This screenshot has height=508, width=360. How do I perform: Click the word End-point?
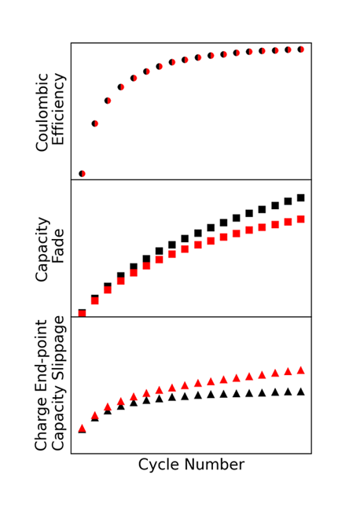pos(42,361)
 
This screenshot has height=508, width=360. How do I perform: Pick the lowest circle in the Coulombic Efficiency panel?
pos(82,173)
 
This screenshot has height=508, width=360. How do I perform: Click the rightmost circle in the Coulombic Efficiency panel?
pos(301,50)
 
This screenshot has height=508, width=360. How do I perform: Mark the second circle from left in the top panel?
pos(95,123)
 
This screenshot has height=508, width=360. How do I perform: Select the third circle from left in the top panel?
pos(108,101)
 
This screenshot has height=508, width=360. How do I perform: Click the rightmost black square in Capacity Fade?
pos(301,198)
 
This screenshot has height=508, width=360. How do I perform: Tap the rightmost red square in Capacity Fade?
pos(301,219)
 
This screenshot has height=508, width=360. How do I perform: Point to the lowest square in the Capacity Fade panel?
pos(82,314)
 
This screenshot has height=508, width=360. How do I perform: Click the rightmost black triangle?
pos(301,391)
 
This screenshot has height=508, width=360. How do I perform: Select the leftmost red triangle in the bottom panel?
pos(82,429)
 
